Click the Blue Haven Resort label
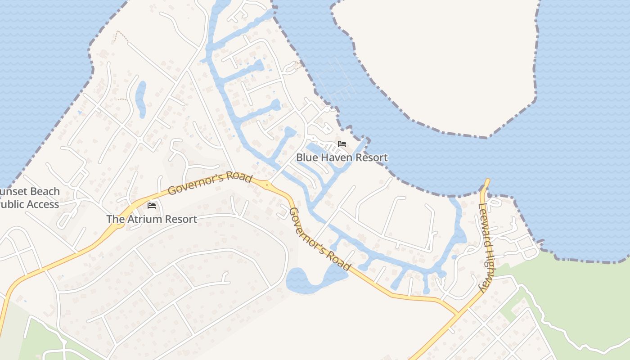point(342,157)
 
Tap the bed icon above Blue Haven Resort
point(342,144)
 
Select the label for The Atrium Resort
point(152,219)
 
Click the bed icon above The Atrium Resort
point(152,205)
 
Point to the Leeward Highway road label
point(486,247)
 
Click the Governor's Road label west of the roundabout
point(209,183)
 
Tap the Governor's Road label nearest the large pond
point(319,239)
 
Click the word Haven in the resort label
point(337,157)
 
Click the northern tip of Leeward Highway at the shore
point(486,182)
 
